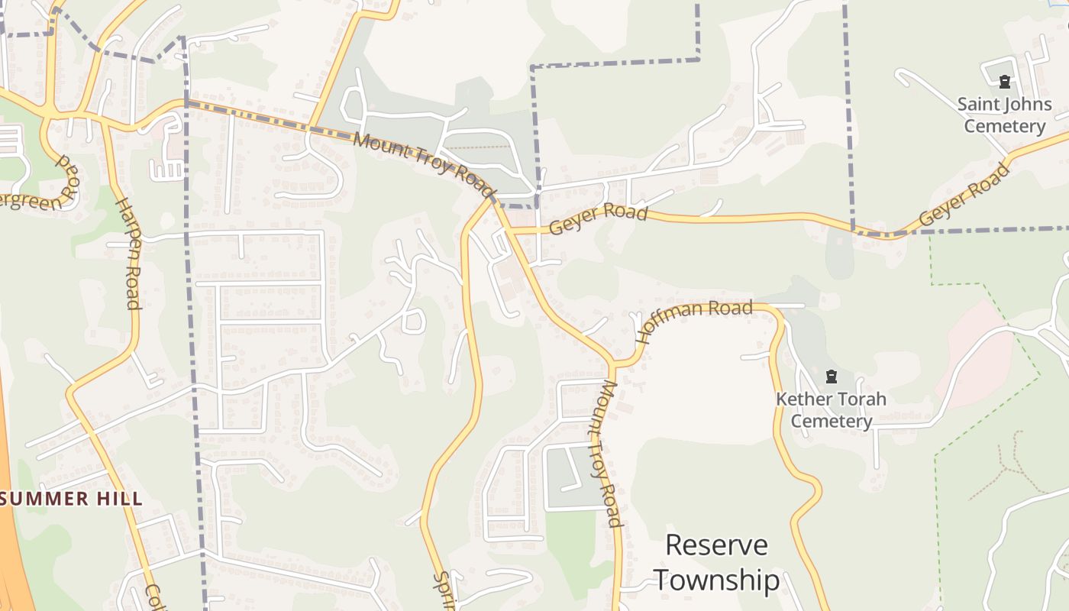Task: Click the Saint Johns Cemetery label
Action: [1004, 115]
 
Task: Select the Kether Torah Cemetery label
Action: [832, 410]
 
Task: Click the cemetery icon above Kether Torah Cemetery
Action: [832, 376]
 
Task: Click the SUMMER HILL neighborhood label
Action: [72, 499]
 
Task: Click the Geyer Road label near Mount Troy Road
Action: [598, 219]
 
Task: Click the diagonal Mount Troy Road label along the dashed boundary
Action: [425, 164]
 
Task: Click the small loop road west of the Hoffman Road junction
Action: [412, 321]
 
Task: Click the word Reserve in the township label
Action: [716, 545]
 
